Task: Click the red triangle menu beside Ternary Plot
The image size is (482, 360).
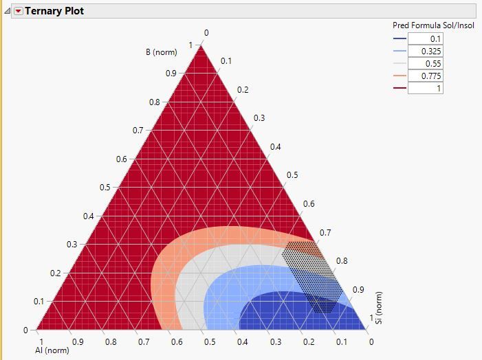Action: (18, 11)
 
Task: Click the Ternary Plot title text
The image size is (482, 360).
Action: (54, 11)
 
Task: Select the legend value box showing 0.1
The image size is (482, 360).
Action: (426, 38)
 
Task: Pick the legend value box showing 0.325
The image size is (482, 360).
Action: (426, 51)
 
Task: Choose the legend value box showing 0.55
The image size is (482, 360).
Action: (426, 63)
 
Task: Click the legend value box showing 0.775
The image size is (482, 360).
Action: (426, 76)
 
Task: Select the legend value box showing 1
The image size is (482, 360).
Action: (426, 88)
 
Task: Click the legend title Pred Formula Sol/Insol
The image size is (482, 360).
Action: (433, 25)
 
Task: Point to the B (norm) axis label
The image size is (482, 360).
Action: (161, 52)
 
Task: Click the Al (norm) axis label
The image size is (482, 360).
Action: (52, 350)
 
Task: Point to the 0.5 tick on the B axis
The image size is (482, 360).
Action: (105, 188)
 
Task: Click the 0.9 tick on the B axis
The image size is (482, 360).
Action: (171, 74)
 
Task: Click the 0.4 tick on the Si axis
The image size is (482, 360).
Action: (275, 147)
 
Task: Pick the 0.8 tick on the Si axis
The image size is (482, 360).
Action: (342, 261)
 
